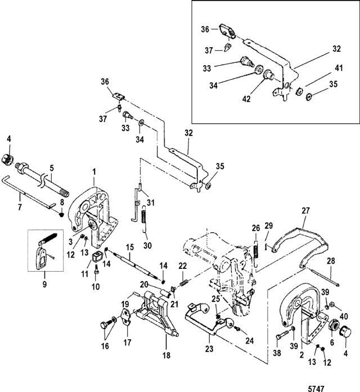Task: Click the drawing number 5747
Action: point(316,388)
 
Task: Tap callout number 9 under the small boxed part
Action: point(44,284)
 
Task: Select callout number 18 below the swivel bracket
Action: point(166,355)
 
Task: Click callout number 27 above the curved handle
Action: point(305,211)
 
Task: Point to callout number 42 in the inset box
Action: point(246,99)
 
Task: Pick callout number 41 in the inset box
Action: point(339,68)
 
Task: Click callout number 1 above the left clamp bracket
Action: point(94,172)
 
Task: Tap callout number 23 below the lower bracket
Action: point(209,348)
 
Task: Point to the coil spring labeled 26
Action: point(255,253)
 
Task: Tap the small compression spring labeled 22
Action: point(184,283)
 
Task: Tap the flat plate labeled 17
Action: point(127,318)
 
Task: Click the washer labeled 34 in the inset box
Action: point(257,69)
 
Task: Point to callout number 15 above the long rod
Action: point(130,248)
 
